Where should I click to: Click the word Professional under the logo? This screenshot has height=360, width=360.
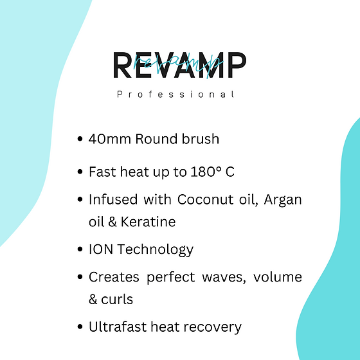[175, 94]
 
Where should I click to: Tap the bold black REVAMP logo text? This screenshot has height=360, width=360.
[180, 65]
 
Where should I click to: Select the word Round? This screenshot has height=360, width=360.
[156, 139]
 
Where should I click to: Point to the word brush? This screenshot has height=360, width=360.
[201, 139]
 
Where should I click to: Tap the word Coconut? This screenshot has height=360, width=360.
[206, 199]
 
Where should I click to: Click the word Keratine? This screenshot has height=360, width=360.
[148, 222]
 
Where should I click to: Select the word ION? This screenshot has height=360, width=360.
[101, 249]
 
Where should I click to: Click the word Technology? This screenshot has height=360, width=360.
[156, 250]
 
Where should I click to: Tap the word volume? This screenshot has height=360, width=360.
[278, 276]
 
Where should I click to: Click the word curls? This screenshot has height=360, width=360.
[117, 299]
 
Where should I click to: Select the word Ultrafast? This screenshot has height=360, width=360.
[118, 327]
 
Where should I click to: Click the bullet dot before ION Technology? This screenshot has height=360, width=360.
[80, 249]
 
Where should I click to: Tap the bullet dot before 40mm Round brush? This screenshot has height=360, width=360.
[80, 139]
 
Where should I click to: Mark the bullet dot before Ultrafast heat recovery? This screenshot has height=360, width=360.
[80, 327]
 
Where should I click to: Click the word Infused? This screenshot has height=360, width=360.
[113, 199]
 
